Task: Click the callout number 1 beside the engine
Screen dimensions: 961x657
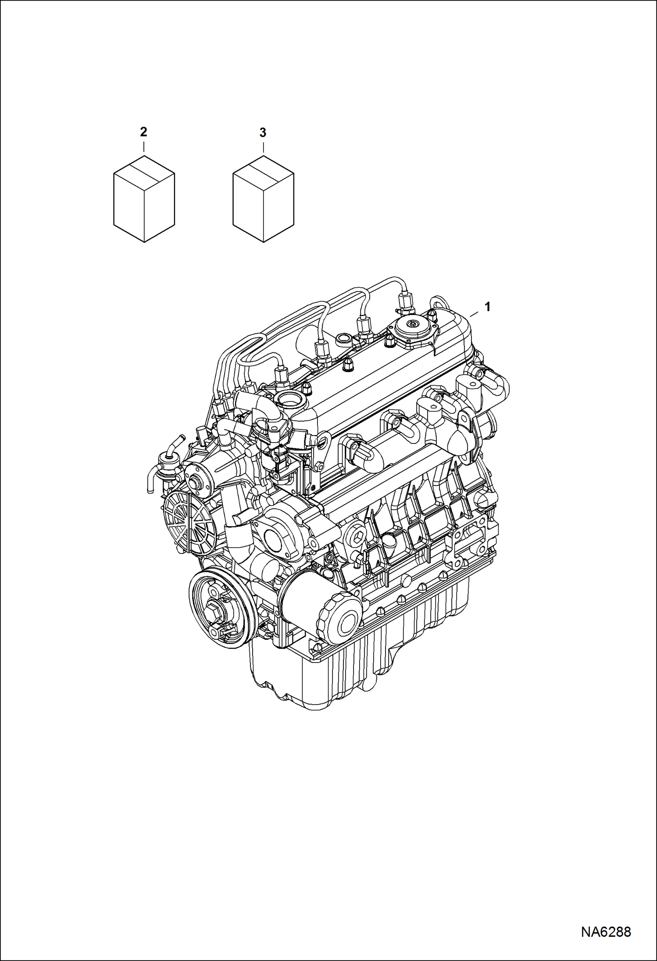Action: [487, 307]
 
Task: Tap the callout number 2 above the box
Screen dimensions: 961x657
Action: [143, 132]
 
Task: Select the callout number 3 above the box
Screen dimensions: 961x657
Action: [262, 132]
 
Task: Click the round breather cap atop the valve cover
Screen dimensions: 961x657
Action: [412, 326]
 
